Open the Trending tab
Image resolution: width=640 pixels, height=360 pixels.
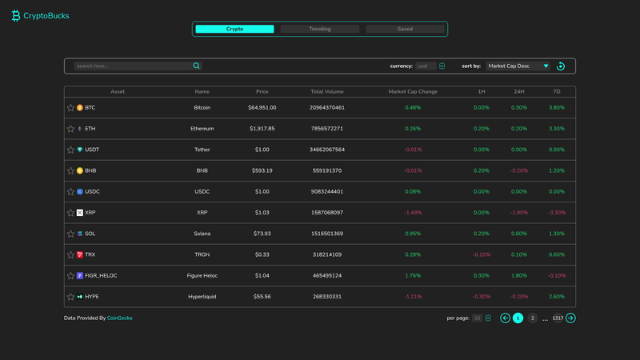pyautogui.click(x=319, y=29)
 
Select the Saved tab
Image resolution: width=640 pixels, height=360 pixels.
pyautogui.click(x=405, y=29)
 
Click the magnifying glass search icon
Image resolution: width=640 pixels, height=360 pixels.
pyautogui.click(x=196, y=66)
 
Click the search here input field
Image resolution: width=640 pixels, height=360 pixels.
pyautogui.click(x=133, y=66)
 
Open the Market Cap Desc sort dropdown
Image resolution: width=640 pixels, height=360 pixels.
pyautogui.click(x=518, y=66)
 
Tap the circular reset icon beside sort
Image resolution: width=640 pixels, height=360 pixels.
pyautogui.click(x=561, y=66)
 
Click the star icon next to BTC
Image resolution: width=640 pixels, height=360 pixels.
pyautogui.click(x=70, y=108)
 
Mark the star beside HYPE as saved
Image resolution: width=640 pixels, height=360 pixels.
pyautogui.click(x=70, y=297)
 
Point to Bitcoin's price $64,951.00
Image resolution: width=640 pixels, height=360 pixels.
pyautogui.click(x=262, y=108)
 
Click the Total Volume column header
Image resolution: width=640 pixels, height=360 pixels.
pyautogui.click(x=327, y=91)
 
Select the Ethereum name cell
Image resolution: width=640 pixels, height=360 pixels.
pyautogui.click(x=202, y=129)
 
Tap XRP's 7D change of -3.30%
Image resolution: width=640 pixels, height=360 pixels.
pyautogui.click(x=557, y=213)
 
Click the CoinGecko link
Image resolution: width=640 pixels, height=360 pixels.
pyautogui.click(x=119, y=318)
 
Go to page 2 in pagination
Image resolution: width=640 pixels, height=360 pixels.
pyautogui.click(x=532, y=318)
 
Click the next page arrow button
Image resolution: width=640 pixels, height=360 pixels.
pyautogui.click(x=570, y=318)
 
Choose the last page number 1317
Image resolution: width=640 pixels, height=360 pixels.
pyautogui.click(x=558, y=318)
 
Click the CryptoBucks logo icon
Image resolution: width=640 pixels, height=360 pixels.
pyautogui.click(x=16, y=15)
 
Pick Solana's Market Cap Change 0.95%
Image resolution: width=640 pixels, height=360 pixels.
pyautogui.click(x=413, y=234)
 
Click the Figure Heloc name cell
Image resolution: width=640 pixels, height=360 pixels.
pyautogui.click(x=202, y=275)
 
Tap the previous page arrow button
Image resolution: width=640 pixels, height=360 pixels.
pyautogui.click(x=505, y=318)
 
